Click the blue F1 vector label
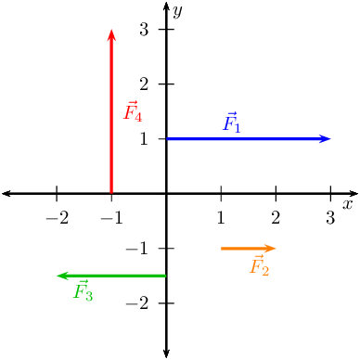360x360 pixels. click(232, 122)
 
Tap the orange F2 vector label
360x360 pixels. click(260, 266)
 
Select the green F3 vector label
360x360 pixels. click(84, 292)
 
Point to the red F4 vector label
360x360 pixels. click(133, 112)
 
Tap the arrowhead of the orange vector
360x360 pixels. click(272, 248)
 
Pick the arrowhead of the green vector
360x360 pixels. click(61, 276)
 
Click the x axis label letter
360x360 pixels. click(348, 204)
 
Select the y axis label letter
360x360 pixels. click(176, 11)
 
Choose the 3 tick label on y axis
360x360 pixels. click(145, 30)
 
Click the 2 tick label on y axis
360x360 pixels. click(145, 84)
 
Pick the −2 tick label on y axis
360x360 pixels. click(140, 303)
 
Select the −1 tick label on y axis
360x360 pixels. click(140, 249)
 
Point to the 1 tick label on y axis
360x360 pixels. click(145, 139)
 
